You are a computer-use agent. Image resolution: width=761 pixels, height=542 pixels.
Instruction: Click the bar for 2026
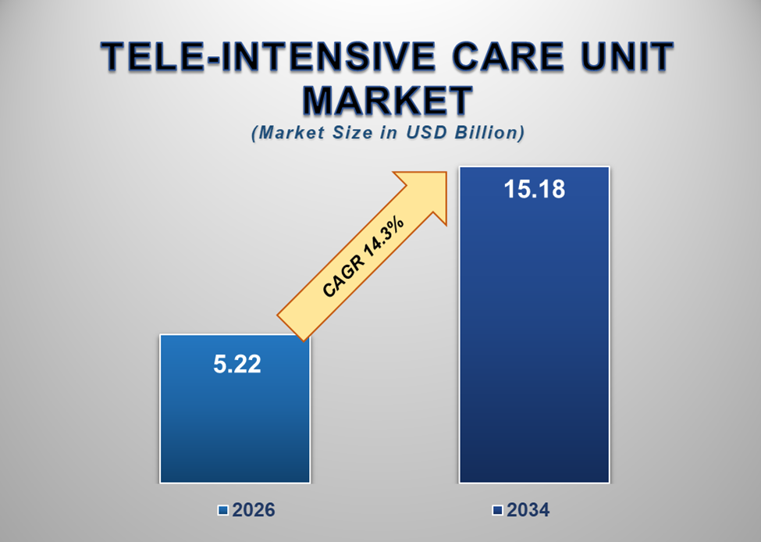[235, 422]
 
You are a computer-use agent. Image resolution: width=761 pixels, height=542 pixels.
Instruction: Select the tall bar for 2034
[533, 351]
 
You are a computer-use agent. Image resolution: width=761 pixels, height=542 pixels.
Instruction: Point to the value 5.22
[237, 365]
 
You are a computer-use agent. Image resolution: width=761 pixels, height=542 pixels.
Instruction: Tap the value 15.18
[535, 190]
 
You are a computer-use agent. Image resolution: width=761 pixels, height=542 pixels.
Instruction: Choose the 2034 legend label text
[528, 511]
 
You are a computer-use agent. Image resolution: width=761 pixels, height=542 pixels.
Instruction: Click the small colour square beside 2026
[223, 511]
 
